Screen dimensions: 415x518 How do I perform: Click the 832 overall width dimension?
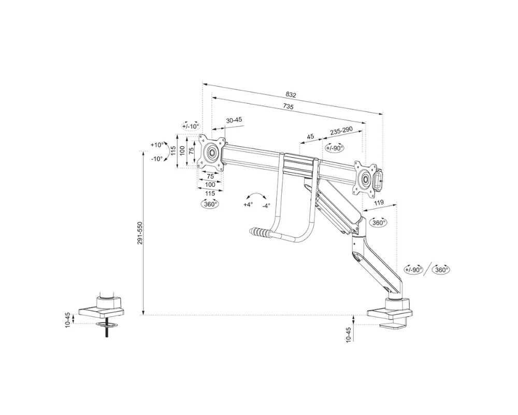(x=291, y=94)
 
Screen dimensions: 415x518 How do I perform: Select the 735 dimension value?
(x=288, y=107)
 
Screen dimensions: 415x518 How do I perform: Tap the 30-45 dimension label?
(x=234, y=120)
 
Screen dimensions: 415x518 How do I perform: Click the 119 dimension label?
(x=379, y=204)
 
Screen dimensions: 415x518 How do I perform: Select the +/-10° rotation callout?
(x=191, y=126)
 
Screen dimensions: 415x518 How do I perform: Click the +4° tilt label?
(x=248, y=205)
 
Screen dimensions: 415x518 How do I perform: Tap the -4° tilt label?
(x=266, y=205)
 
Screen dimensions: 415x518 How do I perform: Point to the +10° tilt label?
(x=156, y=145)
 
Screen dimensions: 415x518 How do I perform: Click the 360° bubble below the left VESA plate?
(x=210, y=204)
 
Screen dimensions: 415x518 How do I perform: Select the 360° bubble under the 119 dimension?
(x=379, y=223)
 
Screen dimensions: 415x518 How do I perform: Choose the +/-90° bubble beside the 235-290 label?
(x=335, y=147)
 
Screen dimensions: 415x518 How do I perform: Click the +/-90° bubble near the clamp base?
(x=413, y=270)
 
